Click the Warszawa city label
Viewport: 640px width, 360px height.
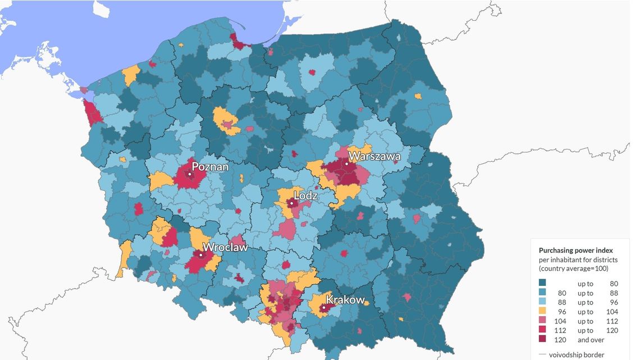click(x=374, y=156)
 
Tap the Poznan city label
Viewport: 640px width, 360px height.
click(x=210, y=167)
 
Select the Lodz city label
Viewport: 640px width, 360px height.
click(x=305, y=195)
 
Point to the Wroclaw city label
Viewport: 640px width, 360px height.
click(x=225, y=248)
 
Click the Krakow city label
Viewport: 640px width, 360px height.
click(x=345, y=300)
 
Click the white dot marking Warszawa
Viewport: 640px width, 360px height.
click(x=348, y=164)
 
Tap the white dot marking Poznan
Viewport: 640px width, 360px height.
click(x=190, y=175)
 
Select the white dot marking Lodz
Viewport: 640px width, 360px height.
click(x=291, y=203)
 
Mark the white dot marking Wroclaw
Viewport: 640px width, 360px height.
click(x=200, y=255)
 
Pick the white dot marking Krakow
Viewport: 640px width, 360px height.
click(x=324, y=307)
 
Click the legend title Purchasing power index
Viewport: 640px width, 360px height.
click(x=575, y=250)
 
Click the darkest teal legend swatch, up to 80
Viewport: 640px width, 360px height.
click(x=543, y=284)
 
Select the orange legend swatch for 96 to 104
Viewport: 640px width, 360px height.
click(x=543, y=312)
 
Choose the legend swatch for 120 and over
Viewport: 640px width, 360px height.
click(x=543, y=340)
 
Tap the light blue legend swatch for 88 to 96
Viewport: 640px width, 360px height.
click(x=543, y=302)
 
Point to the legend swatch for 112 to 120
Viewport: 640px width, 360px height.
click(x=543, y=330)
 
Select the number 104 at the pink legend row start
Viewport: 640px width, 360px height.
click(x=561, y=321)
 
